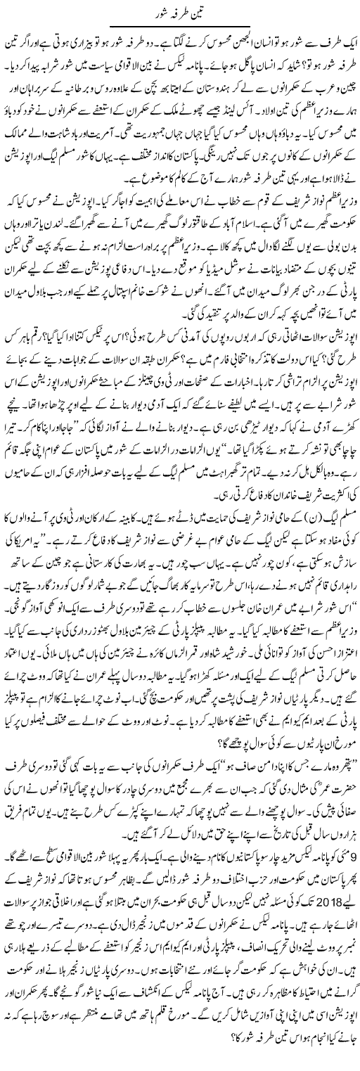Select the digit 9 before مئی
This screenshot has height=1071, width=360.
click(349, 894)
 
